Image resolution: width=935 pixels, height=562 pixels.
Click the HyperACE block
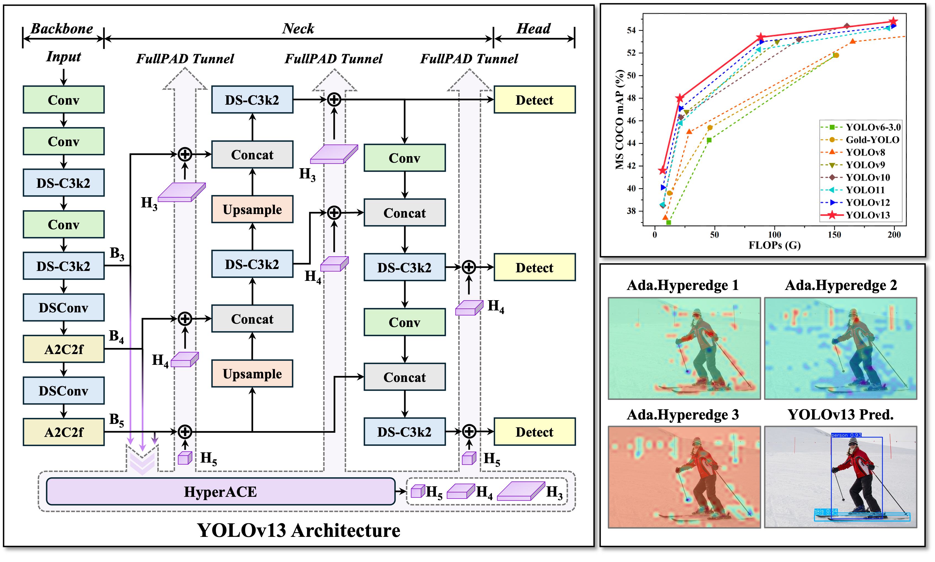click(x=220, y=492)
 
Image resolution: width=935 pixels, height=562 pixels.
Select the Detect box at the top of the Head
click(x=534, y=100)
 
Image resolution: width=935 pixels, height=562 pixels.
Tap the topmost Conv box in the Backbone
click(x=63, y=100)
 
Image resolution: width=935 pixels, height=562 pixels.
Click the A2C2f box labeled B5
click(x=63, y=432)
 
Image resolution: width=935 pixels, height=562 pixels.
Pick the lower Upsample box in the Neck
click(x=252, y=374)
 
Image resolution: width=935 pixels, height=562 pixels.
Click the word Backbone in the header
click(x=62, y=29)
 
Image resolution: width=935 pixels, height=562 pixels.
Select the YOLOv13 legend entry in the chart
click(x=867, y=215)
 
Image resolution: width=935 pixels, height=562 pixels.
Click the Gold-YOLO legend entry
click(x=872, y=140)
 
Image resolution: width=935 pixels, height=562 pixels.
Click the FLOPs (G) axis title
click(x=775, y=246)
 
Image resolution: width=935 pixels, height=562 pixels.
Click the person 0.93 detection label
click(x=846, y=435)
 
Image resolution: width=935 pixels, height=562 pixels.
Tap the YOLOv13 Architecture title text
click(x=298, y=530)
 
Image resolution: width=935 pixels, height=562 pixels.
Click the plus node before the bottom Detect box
click(x=469, y=431)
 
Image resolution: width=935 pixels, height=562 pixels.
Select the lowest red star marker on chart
click(x=662, y=171)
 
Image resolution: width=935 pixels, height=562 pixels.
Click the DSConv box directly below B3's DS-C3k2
click(x=63, y=307)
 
